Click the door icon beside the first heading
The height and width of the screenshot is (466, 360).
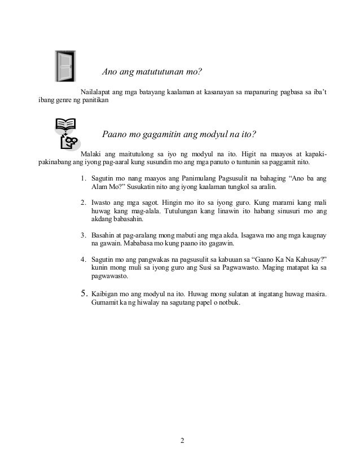tap(65, 66)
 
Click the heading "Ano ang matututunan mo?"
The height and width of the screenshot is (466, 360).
tap(152, 72)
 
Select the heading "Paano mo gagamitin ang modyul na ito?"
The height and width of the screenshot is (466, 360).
tap(179, 135)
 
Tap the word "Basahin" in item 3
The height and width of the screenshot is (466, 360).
tap(104, 235)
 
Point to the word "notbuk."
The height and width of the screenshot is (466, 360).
tap(229, 302)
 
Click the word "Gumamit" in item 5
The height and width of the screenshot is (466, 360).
tap(104, 302)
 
